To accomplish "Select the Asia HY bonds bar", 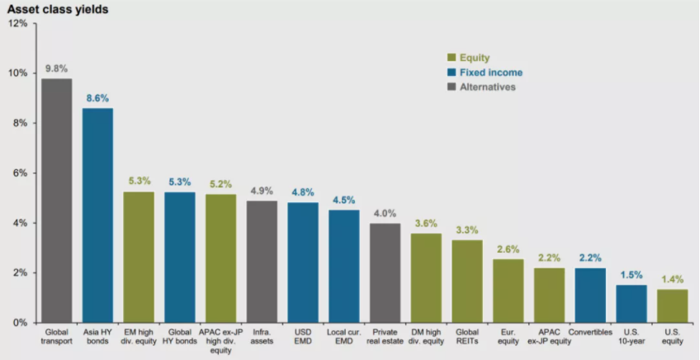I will pyautogui.click(x=97, y=216).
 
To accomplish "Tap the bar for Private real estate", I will pyautogui.click(x=385, y=272).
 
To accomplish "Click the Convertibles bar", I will pyautogui.click(x=590, y=295).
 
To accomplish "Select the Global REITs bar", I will pyautogui.click(x=467, y=281).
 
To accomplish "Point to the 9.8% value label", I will pyautogui.click(x=56, y=69).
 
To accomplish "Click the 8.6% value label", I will pyautogui.click(x=97, y=98).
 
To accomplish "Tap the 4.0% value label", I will pyautogui.click(x=385, y=213).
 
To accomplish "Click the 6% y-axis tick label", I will pyautogui.click(x=20, y=173).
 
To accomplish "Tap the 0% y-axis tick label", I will pyautogui.click(x=20, y=323).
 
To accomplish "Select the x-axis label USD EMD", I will pyautogui.click(x=303, y=337).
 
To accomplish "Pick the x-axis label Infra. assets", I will pyautogui.click(x=262, y=337).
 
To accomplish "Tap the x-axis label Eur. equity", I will pyautogui.click(x=508, y=337).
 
